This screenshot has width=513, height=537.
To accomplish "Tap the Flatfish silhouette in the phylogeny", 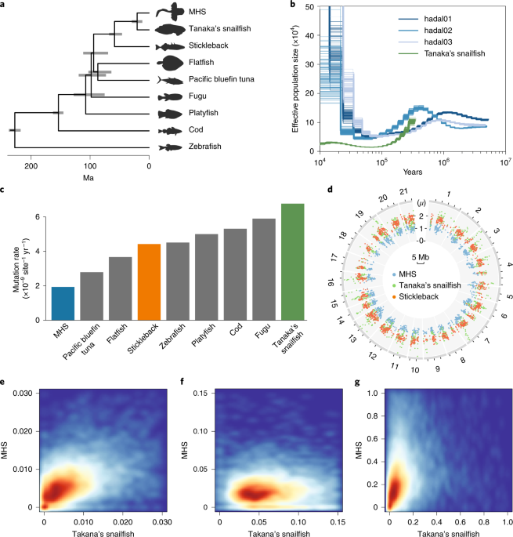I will [168, 63].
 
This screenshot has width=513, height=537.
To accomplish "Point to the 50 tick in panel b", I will [310, 7].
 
